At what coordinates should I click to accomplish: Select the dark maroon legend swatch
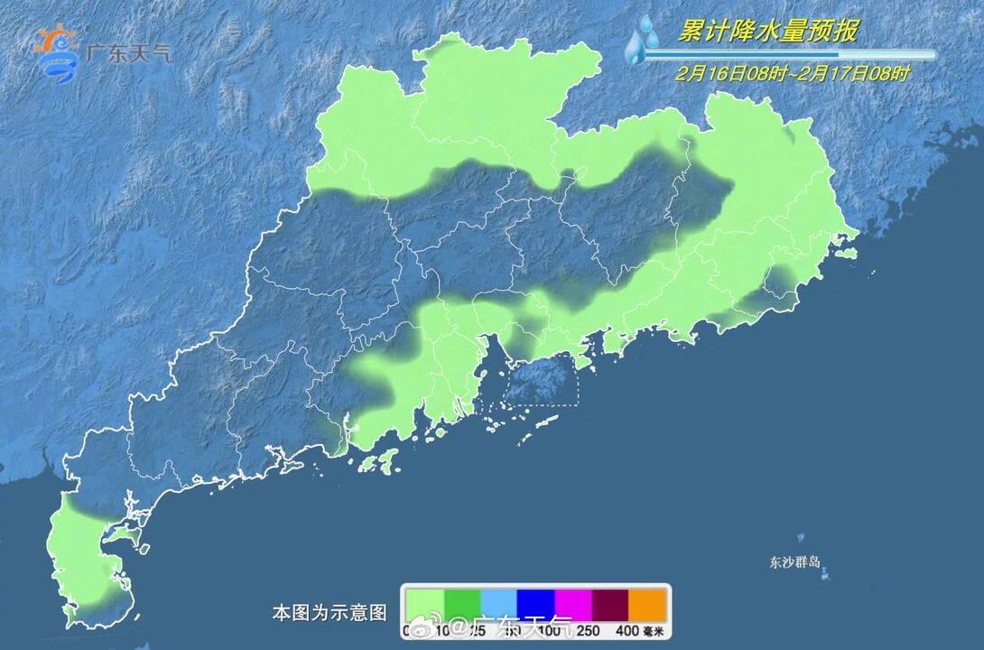pos(609,603)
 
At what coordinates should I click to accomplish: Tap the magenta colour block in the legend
pos(572,603)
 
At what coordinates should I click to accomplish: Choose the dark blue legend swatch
pos(535,603)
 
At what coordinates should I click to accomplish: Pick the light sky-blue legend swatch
pos(498,603)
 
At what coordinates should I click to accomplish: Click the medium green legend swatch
pos(461,603)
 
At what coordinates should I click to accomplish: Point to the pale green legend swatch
pos(424,603)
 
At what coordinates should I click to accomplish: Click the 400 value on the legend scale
pos(627,631)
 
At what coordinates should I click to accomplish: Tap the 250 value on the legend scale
pos(589,631)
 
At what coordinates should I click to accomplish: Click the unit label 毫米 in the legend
pos(654,631)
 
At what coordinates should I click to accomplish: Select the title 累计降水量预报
pos(767,32)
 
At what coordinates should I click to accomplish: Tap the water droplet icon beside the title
pos(643,41)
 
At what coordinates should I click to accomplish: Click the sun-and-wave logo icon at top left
pos(56,52)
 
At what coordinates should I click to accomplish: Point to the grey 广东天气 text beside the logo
pos(128,53)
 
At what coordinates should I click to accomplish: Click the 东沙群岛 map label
pos(794,562)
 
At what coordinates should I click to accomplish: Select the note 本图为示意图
pos(330,613)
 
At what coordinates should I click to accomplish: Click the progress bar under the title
pos(794,54)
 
